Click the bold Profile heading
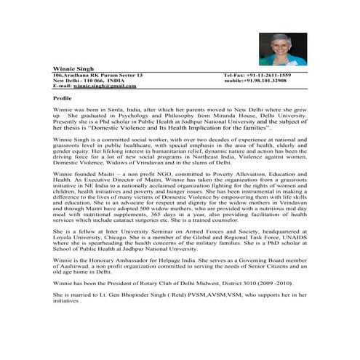click(63, 97)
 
